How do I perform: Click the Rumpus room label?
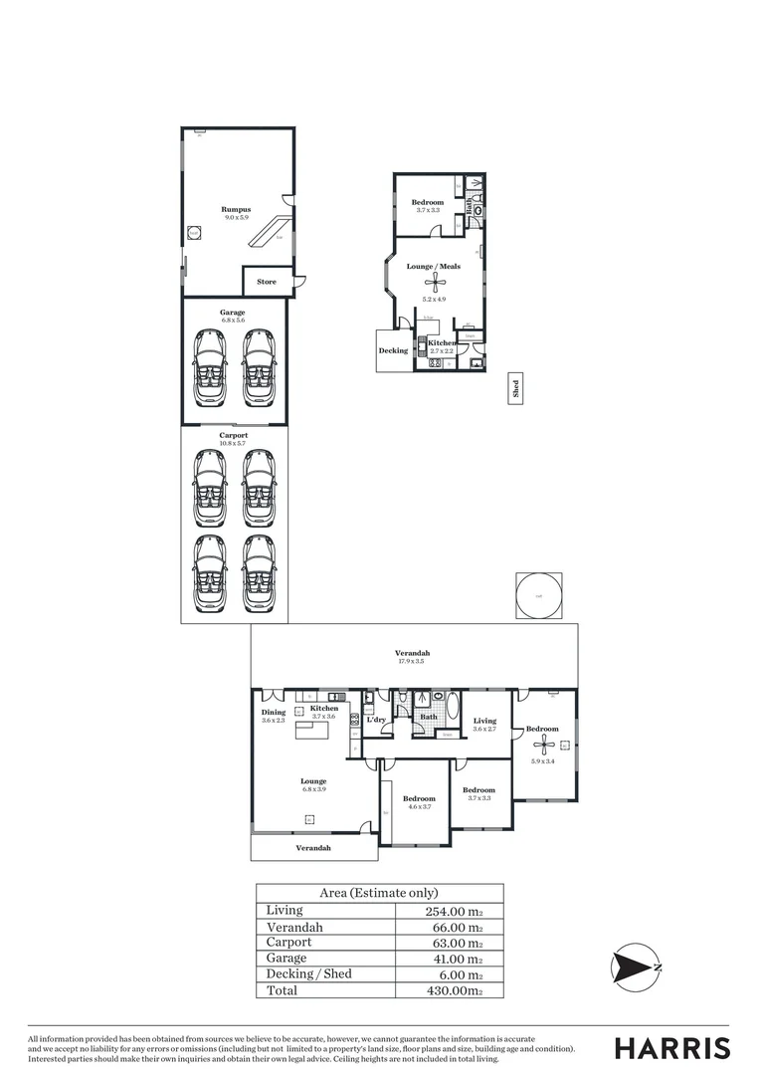[235, 209]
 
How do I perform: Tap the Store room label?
[267, 282]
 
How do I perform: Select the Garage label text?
[233, 313]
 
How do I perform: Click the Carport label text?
[233, 435]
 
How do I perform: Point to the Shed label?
[515, 388]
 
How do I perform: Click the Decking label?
[393, 350]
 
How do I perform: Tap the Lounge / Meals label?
[433, 267]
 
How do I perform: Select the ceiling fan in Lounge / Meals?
[434, 283]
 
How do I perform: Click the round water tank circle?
[538, 596]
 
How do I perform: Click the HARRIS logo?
[671, 1047]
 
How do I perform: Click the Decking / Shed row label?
[307, 973]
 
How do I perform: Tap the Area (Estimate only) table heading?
[378, 893]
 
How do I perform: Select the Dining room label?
[274, 712]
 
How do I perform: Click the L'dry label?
[376, 719]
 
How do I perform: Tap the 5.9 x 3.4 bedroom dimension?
[543, 761]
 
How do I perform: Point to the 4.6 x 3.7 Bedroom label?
[419, 798]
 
